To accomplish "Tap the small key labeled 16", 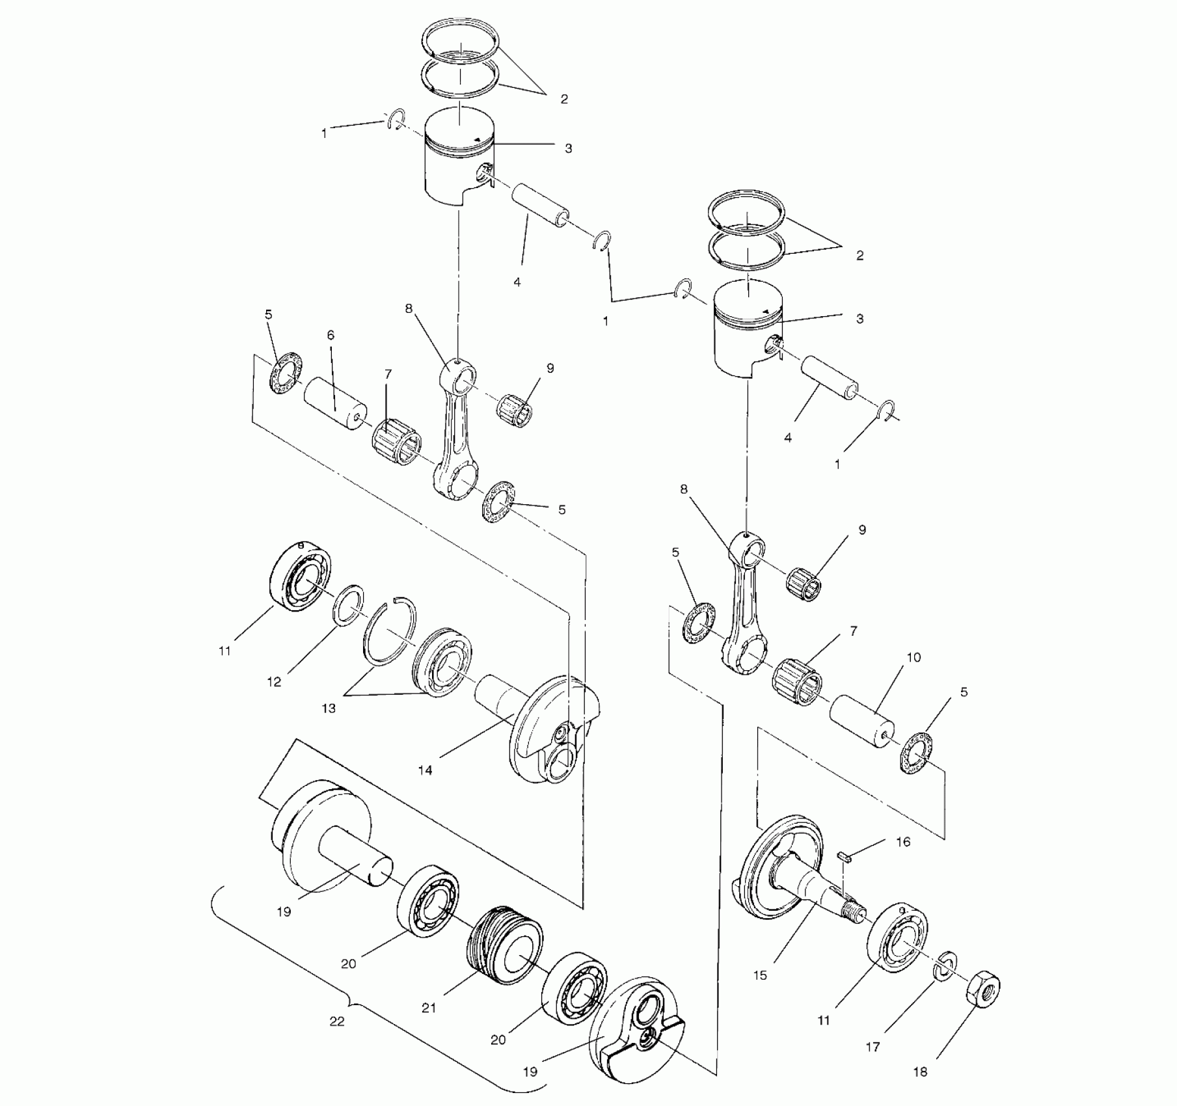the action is (844, 856).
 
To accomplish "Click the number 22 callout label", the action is (336, 1021).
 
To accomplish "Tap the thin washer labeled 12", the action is (349, 605).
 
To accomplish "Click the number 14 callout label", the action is (425, 770).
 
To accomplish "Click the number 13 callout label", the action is (329, 708).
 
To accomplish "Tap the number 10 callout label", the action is (913, 657).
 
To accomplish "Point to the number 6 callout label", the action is (331, 335).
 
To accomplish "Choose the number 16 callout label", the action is (903, 842).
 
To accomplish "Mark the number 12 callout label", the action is (274, 682).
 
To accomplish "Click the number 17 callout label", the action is (873, 1047).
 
